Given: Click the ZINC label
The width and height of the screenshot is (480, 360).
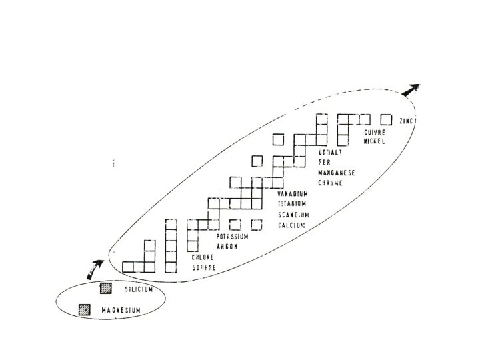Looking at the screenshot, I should point(406,121).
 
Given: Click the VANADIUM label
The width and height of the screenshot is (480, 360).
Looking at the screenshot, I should point(293,194).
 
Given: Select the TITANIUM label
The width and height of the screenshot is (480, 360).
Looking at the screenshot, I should point(292,204).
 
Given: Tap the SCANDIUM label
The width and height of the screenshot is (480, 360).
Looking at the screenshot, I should point(293,215).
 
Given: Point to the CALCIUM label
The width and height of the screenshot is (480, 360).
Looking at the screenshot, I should point(291,225).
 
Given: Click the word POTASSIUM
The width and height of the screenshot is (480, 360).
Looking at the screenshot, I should point(233,237).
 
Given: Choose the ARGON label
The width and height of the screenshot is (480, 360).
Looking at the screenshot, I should point(227,247).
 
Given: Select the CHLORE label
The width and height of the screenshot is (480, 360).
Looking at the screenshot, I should point(203,257).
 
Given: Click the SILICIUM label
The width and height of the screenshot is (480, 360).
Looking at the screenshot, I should point(138,289).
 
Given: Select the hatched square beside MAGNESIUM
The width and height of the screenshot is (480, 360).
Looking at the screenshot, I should point(85,309).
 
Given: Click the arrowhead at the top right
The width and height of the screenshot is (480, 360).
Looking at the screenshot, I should point(415,89).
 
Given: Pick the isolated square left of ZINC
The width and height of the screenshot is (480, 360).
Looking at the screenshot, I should point(385,119).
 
